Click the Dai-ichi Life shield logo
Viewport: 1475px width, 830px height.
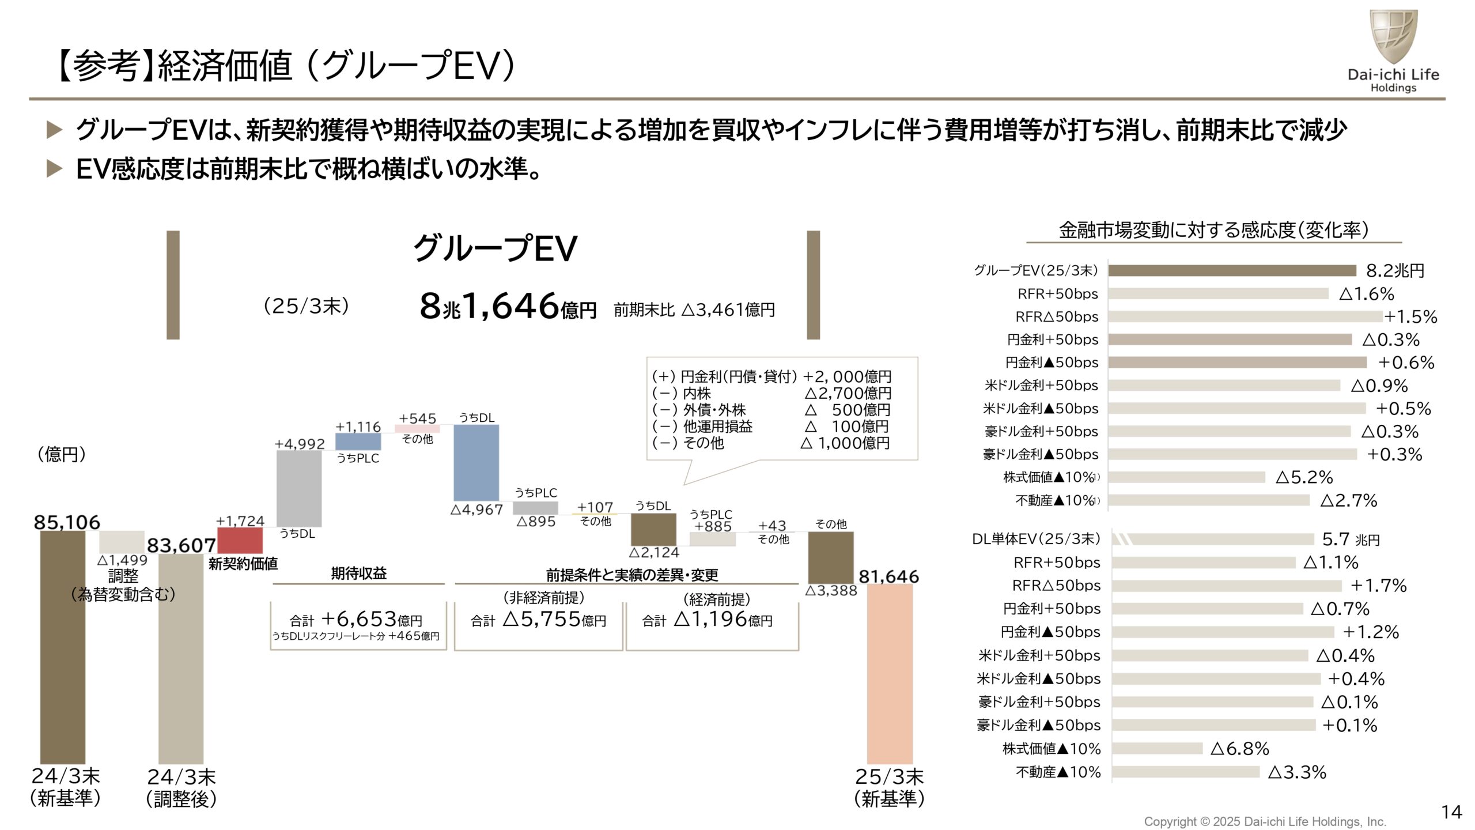tap(1393, 36)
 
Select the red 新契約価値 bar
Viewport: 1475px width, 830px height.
tap(240, 541)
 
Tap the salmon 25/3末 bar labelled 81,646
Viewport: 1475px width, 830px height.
tap(890, 673)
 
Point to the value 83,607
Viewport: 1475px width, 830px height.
tap(181, 545)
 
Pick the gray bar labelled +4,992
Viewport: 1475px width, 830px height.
tap(299, 488)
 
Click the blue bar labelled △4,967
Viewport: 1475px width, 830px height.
tap(476, 463)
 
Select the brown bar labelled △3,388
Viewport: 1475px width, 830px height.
tap(830, 557)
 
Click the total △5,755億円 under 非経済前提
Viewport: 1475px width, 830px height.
tap(538, 620)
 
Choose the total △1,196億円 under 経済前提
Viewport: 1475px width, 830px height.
tap(708, 620)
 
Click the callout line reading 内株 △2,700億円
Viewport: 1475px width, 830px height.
tap(771, 393)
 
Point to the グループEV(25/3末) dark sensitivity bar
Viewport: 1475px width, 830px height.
tap(1232, 270)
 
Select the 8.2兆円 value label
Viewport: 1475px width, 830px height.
tap(1394, 270)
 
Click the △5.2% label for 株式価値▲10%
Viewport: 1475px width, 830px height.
tap(1304, 477)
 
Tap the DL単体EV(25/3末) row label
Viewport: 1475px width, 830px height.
tap(1035, 539)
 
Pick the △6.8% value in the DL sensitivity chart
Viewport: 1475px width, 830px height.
tap(1239, 749)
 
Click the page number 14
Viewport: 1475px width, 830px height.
tap(1451, 812)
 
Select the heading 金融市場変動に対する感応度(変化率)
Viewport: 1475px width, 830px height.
tap(1213, 230)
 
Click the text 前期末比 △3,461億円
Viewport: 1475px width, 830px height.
tap(694, 310)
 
